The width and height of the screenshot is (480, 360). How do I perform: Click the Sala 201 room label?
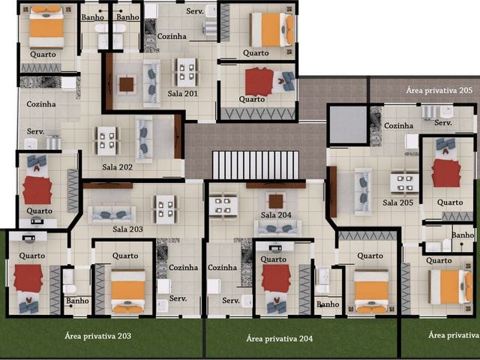[x=182, y=94]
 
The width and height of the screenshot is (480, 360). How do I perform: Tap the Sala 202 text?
[x=117, y=167]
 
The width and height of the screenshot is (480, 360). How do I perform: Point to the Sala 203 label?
[x=127, y=229]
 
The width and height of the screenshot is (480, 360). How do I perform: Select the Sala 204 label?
[x=276, y=215]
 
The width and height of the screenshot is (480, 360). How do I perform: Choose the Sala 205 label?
[x=398, y=202]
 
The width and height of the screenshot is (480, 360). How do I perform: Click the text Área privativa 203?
[x=98, y=336]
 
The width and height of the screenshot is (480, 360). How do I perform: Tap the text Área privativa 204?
[x=280, y=338]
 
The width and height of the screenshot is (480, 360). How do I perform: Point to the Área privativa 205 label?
[x=439, y=90]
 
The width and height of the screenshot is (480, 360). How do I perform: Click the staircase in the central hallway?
[x=255, y=165]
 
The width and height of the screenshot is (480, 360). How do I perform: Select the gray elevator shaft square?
[x=348, y=124]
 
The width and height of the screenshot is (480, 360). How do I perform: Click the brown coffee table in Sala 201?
[x=127, y=85]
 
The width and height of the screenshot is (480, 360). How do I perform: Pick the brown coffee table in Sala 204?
[x=276, y=201]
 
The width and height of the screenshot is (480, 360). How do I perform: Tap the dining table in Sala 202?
[x=106, y=140]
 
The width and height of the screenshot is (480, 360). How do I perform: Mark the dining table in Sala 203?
[x=165, y=209]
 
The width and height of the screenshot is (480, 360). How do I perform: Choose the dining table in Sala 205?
[x=404, y=182]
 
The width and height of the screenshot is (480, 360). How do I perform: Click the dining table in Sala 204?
[x=223, y=205]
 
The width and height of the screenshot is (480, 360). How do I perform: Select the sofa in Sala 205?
[x=363, y=192]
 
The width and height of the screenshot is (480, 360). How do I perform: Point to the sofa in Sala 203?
[x=112, y=214]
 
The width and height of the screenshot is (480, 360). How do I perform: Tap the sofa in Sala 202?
[x=144, y=140]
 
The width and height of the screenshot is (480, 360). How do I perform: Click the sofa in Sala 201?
[x=151, y=83]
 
